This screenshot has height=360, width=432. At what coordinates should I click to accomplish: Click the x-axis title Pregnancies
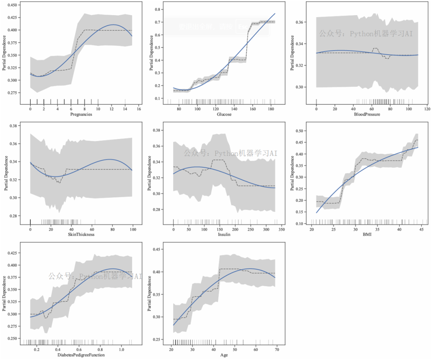81,114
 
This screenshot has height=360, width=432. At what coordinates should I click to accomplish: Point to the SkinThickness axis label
82,234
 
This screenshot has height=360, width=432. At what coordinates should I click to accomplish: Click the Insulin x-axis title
224,234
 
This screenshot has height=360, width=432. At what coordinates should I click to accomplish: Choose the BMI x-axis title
367,234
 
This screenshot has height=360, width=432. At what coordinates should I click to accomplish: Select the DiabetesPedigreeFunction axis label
82,355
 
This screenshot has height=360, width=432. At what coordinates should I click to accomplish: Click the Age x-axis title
224,355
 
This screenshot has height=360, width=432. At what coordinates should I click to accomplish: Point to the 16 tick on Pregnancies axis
139,109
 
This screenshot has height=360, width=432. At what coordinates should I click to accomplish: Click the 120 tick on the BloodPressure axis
427,109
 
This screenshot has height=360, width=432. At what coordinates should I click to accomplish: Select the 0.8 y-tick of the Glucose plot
157,9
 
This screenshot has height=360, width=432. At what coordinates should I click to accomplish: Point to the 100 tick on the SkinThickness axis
133,229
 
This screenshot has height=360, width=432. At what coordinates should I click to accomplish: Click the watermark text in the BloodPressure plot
366,34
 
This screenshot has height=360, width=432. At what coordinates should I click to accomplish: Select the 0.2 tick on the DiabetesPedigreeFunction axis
36,350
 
